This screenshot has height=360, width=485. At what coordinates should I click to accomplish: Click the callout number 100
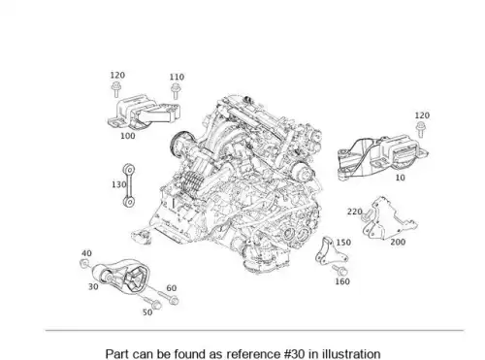pos(127,136)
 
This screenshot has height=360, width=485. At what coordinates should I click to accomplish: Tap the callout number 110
pos(177,77)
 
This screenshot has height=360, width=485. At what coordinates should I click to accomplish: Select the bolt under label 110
pos(176,91)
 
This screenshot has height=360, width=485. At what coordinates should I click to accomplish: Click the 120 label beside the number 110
pos(117,75)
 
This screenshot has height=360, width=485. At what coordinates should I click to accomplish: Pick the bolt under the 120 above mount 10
pos(420,130)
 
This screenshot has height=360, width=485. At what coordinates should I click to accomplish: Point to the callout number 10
pos(401,178)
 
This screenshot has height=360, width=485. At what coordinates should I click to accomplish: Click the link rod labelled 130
pos(129,185)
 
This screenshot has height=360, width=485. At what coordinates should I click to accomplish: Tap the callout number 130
pos(118,184)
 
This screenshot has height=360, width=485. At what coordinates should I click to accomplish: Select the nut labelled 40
pos(84,264)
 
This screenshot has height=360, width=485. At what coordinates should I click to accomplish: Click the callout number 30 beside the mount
pos(93,286)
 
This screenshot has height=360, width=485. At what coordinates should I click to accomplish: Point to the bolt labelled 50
pos(151,302)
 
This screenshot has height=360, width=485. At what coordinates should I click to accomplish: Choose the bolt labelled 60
pos(168,298)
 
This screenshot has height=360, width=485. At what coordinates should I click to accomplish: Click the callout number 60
pos(172,288)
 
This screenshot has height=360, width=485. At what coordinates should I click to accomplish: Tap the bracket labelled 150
pos(329,251)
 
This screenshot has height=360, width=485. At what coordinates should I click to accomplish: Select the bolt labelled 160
pos(339,270)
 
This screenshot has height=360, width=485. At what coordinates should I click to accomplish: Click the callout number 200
pos(398,242)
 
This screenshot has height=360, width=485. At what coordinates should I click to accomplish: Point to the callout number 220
pos(355,212)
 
